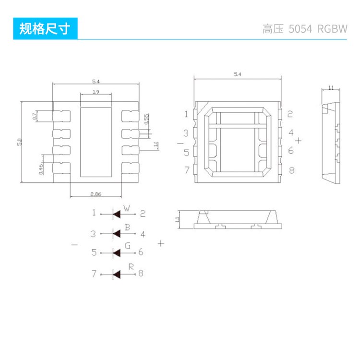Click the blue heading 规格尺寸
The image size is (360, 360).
(45, 29)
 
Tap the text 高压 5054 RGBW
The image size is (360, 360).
(305, 29)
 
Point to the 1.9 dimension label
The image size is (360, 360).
(96, 92)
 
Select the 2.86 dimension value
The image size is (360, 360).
(95, 194)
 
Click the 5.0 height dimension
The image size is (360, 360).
(20, 142)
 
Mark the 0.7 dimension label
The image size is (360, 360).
(35, 116)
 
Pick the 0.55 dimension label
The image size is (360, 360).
(146, 119)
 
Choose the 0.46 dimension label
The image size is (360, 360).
(41, 168)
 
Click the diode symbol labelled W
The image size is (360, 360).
(116, 214)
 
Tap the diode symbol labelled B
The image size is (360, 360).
(116, 234)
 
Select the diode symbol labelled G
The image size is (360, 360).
(116, 252)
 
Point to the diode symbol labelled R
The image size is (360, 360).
(116, 274)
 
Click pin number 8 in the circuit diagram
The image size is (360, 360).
(141, 274)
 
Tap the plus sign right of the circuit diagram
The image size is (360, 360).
(161, 243)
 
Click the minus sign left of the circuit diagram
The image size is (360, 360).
(74, 245)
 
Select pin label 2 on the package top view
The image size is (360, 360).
(290, 114)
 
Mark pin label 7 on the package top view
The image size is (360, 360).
(187, 170)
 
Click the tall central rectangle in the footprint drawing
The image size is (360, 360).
(96, 141)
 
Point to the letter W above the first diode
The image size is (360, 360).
(127, 208)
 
